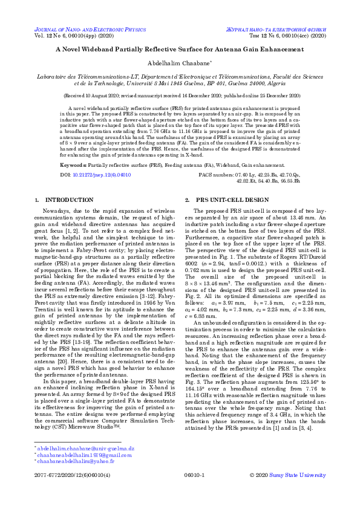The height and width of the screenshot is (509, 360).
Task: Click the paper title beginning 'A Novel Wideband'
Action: [180, 51]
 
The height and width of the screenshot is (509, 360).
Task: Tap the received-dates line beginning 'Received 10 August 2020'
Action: [180, 96]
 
